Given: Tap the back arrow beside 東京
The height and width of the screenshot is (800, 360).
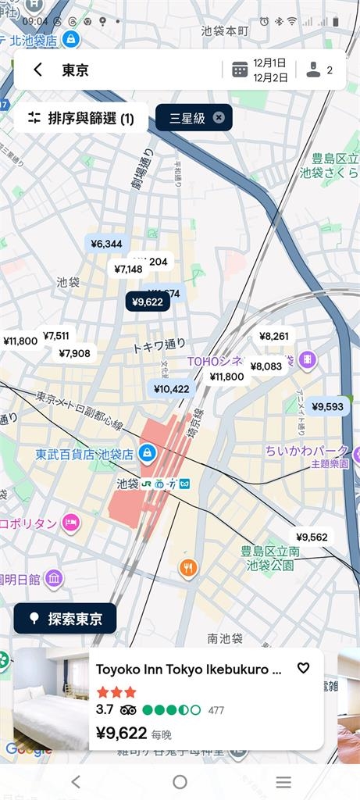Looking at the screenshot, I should click(37, 70).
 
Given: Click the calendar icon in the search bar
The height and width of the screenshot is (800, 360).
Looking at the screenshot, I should click(240, 70).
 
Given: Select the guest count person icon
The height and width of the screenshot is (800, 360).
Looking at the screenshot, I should click(313, 70).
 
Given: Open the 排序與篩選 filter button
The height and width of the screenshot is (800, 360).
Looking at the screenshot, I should click(81, 118).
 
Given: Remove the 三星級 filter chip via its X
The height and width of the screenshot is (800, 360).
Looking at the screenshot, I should click(219, 118).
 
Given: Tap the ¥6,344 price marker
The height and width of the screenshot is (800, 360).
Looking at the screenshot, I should click(106, 244).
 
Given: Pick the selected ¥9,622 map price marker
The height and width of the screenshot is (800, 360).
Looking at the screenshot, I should click(148, 302).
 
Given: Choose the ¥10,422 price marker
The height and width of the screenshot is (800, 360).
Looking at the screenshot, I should click(171, 388).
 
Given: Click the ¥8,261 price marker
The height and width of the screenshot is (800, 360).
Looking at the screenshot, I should click(274, 336).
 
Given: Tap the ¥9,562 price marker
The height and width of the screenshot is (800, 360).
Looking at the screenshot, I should click(312, 536).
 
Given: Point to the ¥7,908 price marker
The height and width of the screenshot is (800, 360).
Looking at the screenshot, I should click(74, 353).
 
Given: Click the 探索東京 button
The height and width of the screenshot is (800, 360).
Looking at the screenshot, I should click(66, 619).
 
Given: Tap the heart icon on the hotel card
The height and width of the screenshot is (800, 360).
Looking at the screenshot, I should click(304, 668).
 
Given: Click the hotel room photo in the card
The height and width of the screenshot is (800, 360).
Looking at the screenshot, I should click(51, 698).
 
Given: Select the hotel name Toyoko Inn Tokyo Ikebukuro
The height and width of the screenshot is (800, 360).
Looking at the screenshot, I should click(188, 669).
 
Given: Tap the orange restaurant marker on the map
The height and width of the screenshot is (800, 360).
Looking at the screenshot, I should click(188, 568).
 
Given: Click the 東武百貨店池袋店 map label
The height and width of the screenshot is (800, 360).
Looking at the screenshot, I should click(84, 453).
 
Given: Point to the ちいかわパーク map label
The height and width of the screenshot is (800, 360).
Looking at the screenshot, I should click(306, 451).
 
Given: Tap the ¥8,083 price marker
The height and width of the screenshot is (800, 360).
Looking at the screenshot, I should click(266, 366).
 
